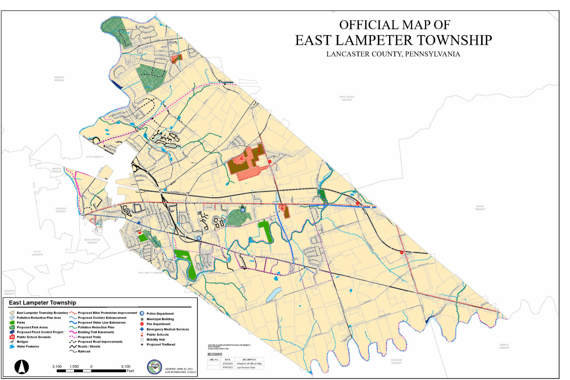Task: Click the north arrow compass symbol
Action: point(22,367)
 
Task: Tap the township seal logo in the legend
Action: point(154,367)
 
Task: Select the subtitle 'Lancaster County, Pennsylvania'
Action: point(393,54)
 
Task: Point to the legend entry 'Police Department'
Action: point(160,314)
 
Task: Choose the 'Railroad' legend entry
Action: point(84,351)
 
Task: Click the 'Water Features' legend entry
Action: point(27,347)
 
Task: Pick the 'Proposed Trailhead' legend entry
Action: point(161,344)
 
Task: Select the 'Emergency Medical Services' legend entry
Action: point(167,329)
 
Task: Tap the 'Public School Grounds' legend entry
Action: point(33,337)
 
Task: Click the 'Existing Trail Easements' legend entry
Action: point(96,332)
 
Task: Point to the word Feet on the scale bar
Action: point(130,371)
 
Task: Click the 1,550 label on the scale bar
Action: point(74,367)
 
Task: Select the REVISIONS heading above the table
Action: point(215,354)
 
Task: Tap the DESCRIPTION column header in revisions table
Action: point(249,360)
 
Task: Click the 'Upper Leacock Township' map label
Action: point(347,98)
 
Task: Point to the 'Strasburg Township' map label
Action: point(396,361)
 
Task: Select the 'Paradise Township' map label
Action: point(504,346)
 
